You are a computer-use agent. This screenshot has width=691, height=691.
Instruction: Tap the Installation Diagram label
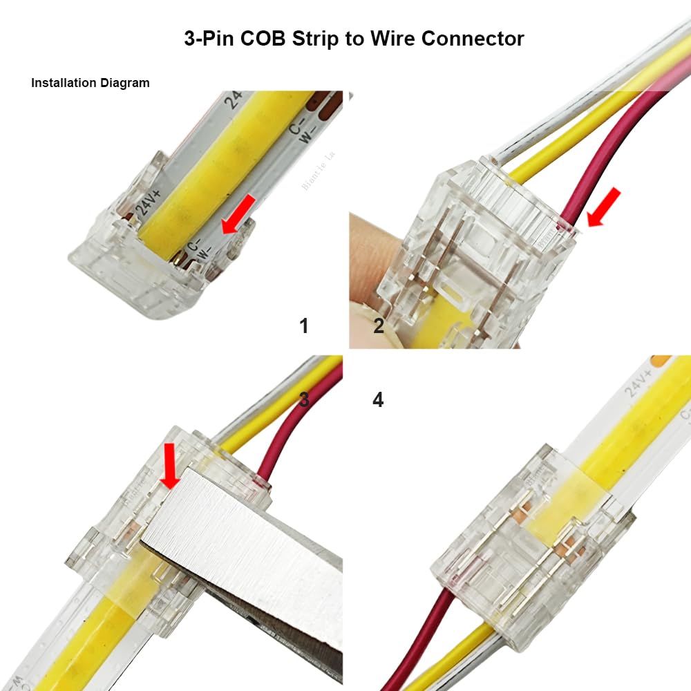click(x=90, y=83)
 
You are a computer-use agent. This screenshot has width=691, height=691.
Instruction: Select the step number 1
click(x=304, y=326)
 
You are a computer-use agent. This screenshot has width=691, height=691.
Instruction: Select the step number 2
click(x=379, y=326)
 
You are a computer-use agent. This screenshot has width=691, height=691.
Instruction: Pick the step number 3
click(x=304, y=399)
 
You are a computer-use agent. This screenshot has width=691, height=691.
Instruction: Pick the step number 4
click(x=378, y=399)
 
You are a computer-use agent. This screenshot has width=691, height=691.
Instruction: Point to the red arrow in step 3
click(x=169, y=465)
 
